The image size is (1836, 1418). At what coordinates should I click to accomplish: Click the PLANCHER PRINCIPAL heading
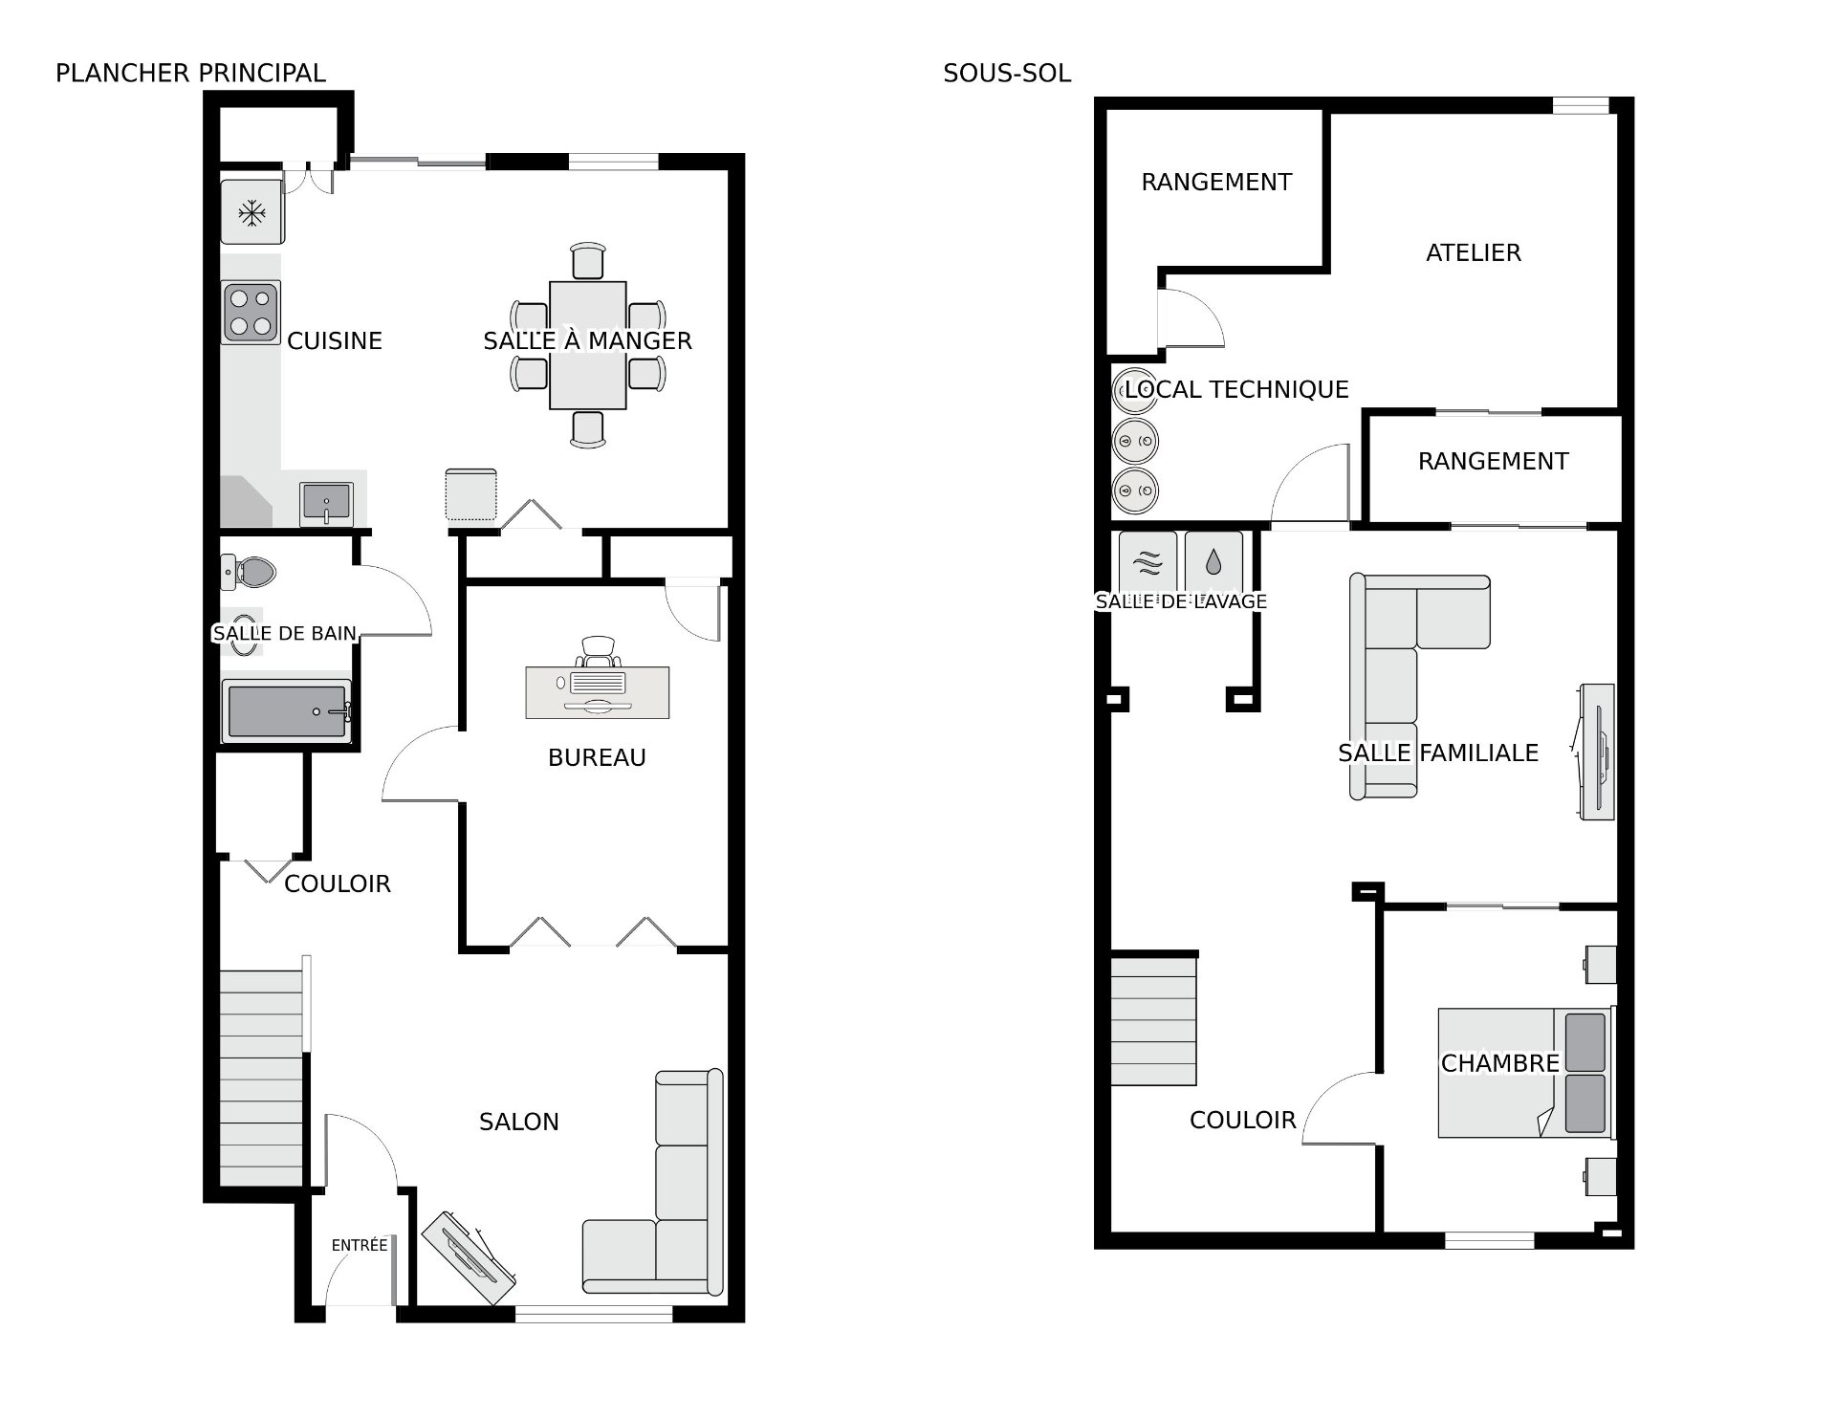tap(190, 73)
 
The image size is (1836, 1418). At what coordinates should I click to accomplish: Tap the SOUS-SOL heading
tap(1007, 73)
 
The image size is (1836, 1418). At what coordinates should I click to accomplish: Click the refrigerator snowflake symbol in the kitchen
tap(252, 213)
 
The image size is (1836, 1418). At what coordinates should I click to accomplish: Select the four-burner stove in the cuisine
tap(251, 312)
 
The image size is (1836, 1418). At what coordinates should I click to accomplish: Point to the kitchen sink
tap(327, 503)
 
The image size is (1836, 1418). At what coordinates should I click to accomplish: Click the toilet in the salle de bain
tap(250, 573)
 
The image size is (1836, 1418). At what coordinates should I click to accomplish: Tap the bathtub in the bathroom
tap(287, 710)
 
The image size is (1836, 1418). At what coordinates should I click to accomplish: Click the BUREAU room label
tap(597, 757)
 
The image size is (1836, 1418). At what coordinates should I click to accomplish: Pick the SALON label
tap(519, 1122)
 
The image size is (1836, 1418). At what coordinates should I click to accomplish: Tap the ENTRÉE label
tap(360, 1245)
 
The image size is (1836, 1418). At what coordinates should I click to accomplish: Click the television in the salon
tap(470, 1258)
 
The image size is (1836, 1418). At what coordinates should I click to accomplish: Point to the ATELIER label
tap(1474, 252)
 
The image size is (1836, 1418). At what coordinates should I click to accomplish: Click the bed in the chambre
tap(1526, 1072)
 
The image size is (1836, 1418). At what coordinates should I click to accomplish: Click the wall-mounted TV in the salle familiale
tap(1596, 752)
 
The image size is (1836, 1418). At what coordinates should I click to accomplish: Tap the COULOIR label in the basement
tap(1242, 1120)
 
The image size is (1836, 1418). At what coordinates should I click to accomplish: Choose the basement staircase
tap(1153, 1021)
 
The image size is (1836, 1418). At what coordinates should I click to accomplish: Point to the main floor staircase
tap(261, 1079)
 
